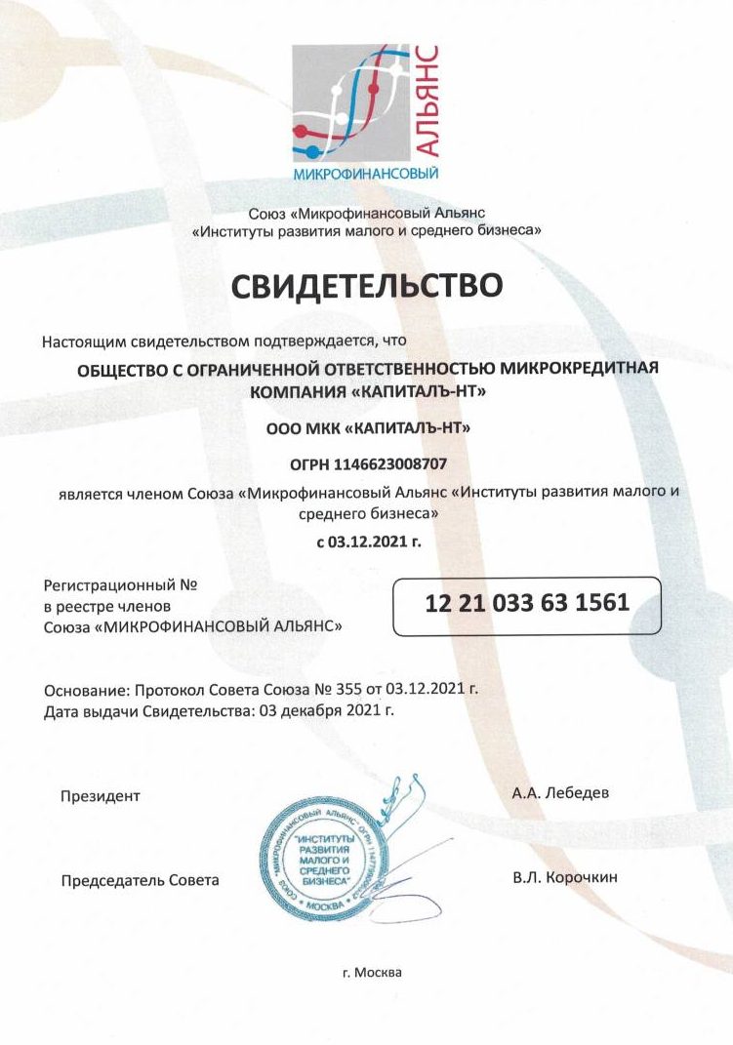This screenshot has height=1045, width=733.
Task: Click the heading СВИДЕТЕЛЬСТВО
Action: pos(366,285)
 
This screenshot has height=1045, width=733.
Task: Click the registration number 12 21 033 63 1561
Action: pos(527,602)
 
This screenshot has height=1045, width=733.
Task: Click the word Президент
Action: pos(101,795)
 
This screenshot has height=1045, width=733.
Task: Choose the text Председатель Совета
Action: pos(141,880)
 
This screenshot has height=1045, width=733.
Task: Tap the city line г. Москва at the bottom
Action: pos(372,973)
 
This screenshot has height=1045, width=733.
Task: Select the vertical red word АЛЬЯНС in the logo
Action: pos(428,100)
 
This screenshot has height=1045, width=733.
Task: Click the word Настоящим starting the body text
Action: pos(83,341)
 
